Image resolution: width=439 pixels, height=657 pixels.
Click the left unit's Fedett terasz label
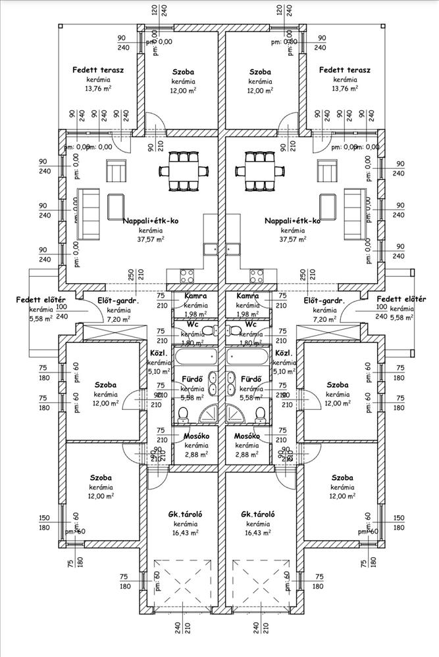[x=99, y=70]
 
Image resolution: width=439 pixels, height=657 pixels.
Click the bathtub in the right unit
[x=248, y=359]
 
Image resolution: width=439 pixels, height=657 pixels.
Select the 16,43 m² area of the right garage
[x=258, y=533]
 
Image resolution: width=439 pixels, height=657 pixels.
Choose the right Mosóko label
[x=247, y=436]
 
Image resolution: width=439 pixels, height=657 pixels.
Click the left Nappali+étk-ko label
[x=151, y=221]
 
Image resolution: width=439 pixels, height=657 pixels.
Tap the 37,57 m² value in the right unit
[x=293, y=240]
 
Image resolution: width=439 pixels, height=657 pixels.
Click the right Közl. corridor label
[x=284, y=352]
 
